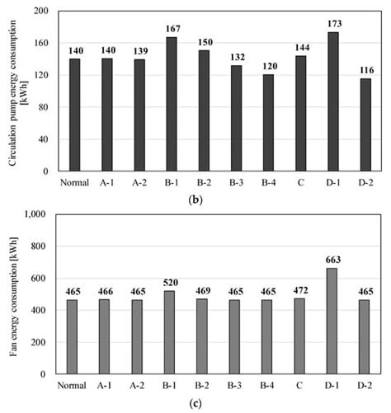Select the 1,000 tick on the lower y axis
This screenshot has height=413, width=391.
point(35,214)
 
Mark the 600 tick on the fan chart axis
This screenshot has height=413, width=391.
point(39,278)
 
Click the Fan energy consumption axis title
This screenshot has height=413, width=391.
point(12,294)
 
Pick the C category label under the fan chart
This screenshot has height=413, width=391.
point(300,386)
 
